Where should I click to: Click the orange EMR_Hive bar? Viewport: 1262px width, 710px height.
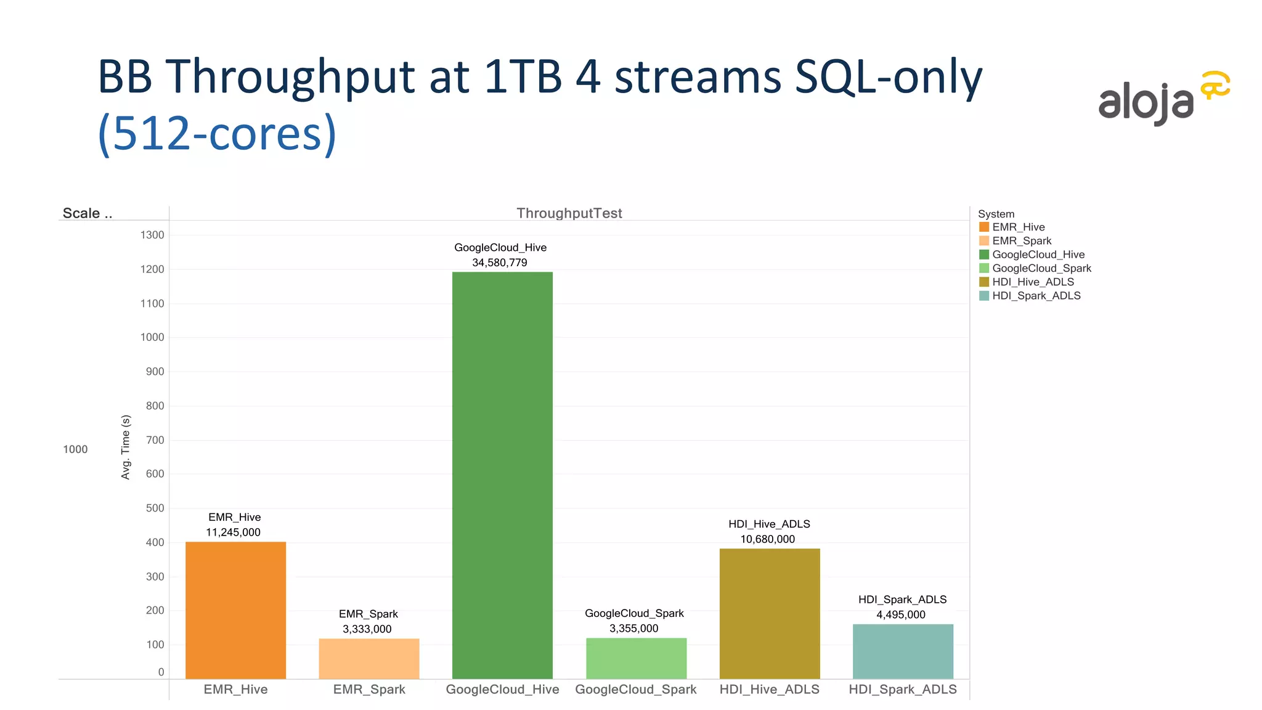point(235,610)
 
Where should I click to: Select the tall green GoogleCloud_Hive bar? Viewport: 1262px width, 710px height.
point(502,475)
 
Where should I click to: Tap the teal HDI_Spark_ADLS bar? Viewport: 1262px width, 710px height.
point(903,651)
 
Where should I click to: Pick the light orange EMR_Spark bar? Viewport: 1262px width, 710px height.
point(369,658)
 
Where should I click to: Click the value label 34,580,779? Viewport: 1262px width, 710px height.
point(500,263)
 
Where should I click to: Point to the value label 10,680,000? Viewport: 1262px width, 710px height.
point(768,539)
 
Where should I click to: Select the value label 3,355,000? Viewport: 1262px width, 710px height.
point(634,629)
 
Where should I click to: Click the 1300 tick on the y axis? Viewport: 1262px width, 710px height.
point(152,235)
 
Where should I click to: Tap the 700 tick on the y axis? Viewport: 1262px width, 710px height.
point(155,440)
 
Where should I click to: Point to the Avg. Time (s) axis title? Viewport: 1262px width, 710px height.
point(126,447)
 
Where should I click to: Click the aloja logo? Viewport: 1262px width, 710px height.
point(1163,99)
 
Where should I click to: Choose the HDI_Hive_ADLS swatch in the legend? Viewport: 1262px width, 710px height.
point(984,282)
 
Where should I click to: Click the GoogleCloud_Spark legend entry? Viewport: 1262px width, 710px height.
point(1041,268)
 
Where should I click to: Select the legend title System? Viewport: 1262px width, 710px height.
point(996,214)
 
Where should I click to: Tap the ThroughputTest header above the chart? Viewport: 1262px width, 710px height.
point(569,213)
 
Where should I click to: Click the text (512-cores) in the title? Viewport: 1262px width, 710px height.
point(217,134)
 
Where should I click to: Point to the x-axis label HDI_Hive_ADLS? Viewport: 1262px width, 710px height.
point(769,690)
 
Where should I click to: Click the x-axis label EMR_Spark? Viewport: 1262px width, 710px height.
point(369,690)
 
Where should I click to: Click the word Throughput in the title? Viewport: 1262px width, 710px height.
point(290,77)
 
